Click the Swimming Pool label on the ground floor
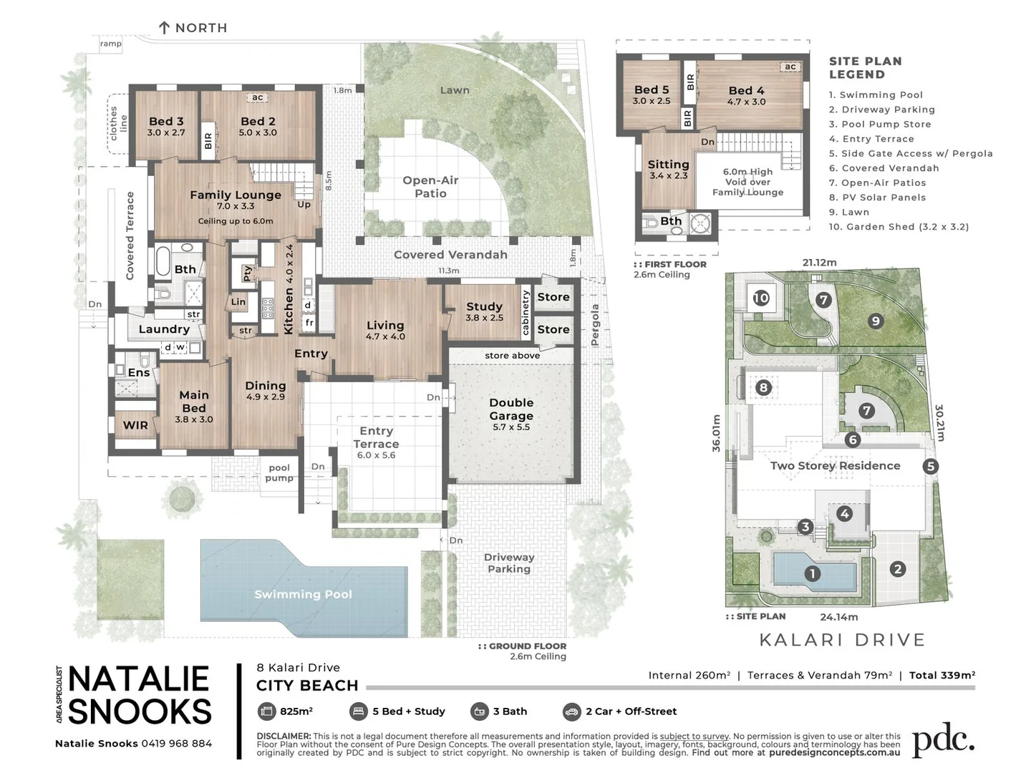[x=303, y=594]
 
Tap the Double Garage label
[x=511, y=409]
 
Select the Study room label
[x=485, y=306]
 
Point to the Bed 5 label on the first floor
[x=652, y=90]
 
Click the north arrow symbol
[x=164, y=28]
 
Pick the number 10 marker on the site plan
[x=761, y=297]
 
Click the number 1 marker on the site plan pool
[x=812, y=573]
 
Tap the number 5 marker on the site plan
[x=930, y=467]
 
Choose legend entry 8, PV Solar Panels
[x=877, y=198]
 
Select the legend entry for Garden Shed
[x=899, y=227]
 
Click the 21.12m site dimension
[x=819, y=263]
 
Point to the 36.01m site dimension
[x=717, y=433]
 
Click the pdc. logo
[x=943, y=741]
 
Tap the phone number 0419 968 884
[x=177, y=744]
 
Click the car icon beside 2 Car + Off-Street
[x=571, y=711]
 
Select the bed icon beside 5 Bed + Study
[x=358, y=711]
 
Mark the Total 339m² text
[x=942, y=675]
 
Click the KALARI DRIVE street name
[x=842, y=640]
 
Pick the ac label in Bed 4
[x=790, y=67]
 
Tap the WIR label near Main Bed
[x=135, y=425]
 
